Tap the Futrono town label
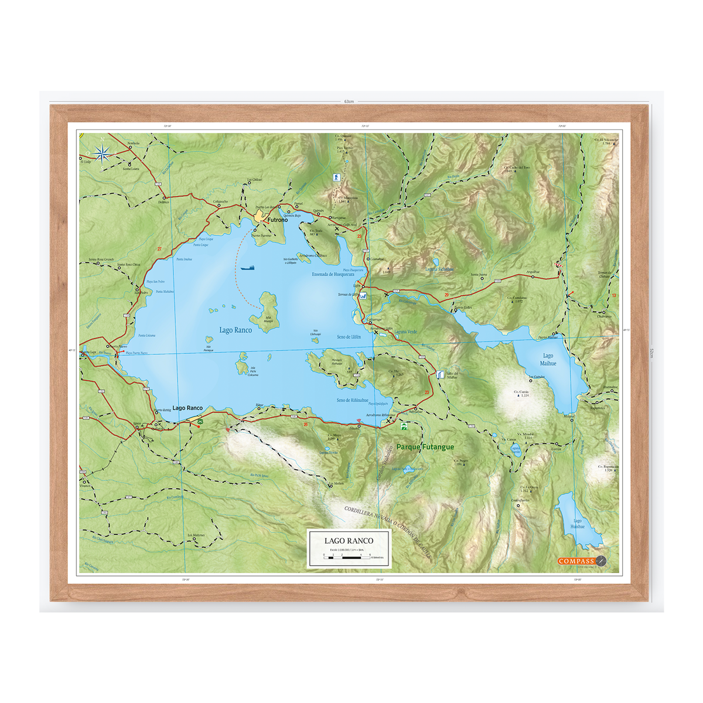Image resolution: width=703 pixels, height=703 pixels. (x=278, y=220)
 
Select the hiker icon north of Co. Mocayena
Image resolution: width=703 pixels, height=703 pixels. (x=336, y=177)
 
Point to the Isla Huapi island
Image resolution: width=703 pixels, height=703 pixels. (x=267, y=310)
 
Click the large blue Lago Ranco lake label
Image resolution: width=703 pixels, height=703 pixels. (x=236, y=330)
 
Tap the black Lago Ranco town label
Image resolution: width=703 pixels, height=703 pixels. (x=187, y=408)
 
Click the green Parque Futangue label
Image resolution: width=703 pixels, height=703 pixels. (x=425, y=447)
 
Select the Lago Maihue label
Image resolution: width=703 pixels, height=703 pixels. (x=548, y=360)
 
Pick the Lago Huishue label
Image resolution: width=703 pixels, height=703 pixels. (x=578, y=524)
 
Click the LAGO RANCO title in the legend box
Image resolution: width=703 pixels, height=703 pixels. (x=349, y=541)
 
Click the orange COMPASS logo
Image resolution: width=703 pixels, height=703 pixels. (x=576, y=561)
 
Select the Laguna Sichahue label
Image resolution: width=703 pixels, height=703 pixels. (x=439, y=269)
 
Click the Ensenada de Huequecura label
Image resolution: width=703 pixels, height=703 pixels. (x=333, y=274)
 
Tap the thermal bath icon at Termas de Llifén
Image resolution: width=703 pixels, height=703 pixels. (x=363, y=296)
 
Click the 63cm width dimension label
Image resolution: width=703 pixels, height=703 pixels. (x=349, y=101)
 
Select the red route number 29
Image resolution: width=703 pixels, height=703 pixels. (x=446, y=295)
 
